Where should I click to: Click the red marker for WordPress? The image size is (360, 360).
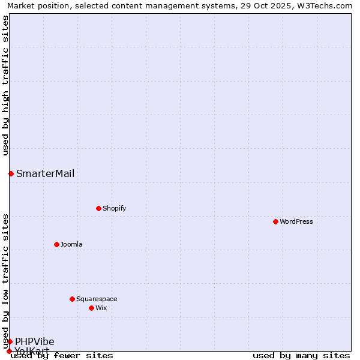click(x=275, y=221)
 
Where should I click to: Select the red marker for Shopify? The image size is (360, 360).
click(x=98, y=208)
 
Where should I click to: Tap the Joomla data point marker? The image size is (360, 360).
click(x=56, y=244)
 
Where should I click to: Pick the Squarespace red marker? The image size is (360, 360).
click(x=72, y=299)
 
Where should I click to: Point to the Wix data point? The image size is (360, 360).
click(x=91, y=308)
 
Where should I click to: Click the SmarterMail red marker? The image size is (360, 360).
click(x=11, y=173)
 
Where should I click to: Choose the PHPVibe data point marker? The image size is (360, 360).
click(x=10, y=341)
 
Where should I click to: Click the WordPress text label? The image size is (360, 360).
click(x=296, y=221)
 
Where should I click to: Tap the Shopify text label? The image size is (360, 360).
click(x=114, y=208)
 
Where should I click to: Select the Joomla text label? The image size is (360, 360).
click(x=71, y=244)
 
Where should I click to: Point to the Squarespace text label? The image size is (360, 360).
click(x=97, y=299)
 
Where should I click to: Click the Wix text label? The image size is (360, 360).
click(x=101, y=308)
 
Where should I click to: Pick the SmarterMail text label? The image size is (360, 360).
click(x=46, y=173)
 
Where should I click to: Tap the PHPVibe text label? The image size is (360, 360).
click(x=35, y=341)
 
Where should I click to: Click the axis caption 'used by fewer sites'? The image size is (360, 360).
click(x=62, y=355)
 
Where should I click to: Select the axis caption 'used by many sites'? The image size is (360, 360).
click(x=301, y=355)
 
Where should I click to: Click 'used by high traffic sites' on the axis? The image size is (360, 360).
click(x=5, y=85)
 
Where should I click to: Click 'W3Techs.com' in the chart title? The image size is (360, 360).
click(x=328, y=5)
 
